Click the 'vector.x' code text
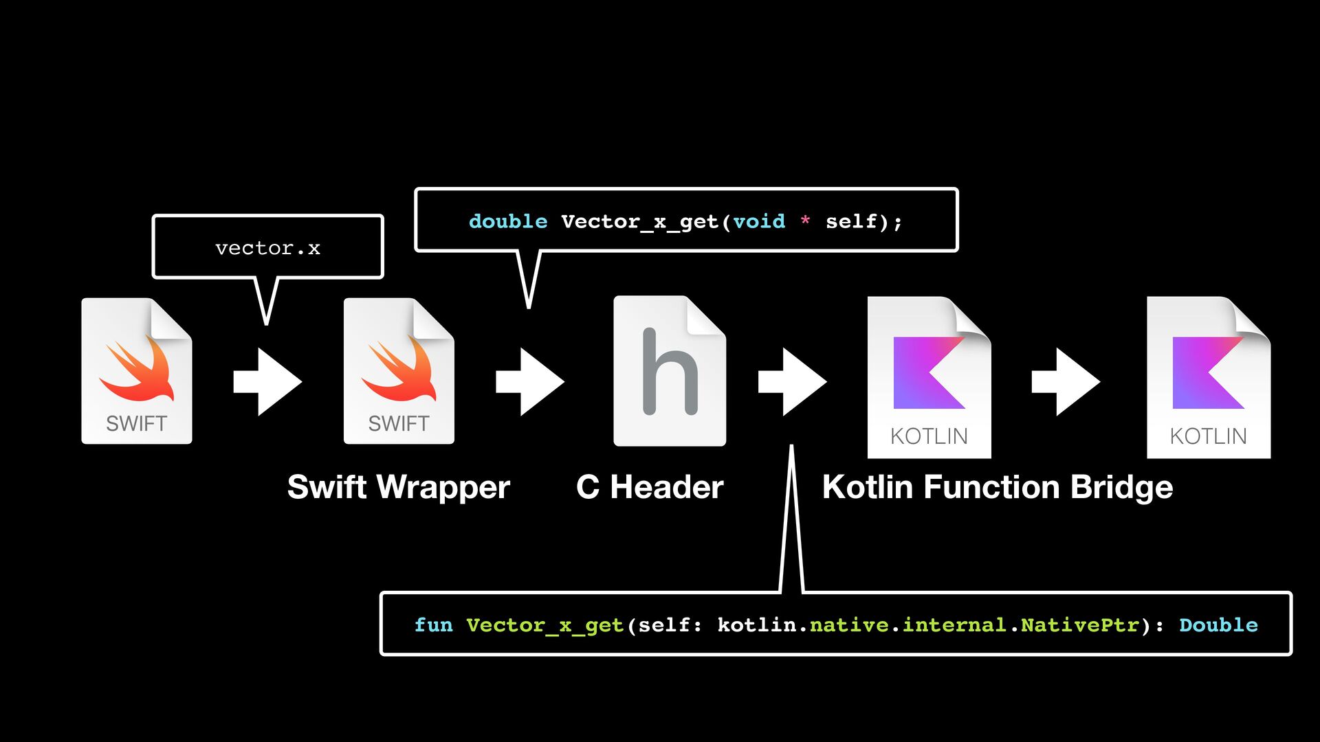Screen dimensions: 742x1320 coord(267,248)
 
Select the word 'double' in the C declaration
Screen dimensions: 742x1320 coord(508,221)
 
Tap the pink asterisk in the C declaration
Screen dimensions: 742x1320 coord(805,221)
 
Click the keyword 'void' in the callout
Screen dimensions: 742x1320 coord(759,221)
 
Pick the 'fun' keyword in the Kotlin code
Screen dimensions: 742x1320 coord(433,625)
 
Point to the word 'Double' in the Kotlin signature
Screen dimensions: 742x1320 coord(1218,625)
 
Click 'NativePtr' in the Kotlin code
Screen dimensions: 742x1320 coord(1079,625)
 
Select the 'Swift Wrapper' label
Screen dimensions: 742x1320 coord(399,487)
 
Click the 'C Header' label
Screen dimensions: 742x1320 coord(650,487)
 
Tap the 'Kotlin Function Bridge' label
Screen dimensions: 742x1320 coord(998,487)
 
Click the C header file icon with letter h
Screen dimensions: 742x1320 coord(670,371)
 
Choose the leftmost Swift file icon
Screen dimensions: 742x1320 coord(137,371)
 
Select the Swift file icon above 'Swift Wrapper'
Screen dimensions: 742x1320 coord(399,371)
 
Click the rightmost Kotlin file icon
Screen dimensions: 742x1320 coord(1209,377)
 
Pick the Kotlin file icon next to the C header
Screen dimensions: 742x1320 coord(929,377)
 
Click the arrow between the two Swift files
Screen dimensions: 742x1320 coord(267,381)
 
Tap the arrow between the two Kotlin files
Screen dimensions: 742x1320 coord(1066,381)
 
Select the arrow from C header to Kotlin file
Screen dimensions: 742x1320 coord(792,381)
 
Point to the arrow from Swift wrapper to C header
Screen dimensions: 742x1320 coord(529,381)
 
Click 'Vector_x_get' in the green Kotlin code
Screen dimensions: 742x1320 coord(544,625)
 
